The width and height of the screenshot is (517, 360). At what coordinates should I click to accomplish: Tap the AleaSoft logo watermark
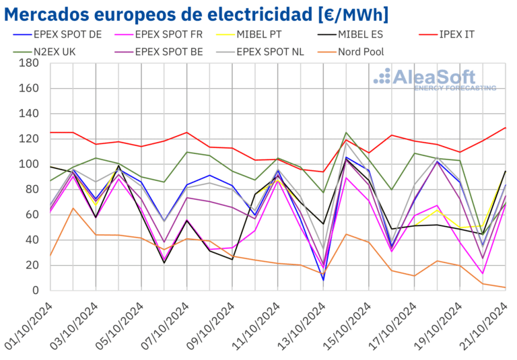pos(434,79)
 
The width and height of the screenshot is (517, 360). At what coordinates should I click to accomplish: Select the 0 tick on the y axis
pos(34,291)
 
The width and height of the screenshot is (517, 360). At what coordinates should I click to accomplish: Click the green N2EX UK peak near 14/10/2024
pos(346,133)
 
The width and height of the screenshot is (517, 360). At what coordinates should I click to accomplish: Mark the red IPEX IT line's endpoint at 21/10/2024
pos(506,128)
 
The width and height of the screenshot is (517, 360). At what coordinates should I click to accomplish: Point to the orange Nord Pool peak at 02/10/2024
pos(73,208)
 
